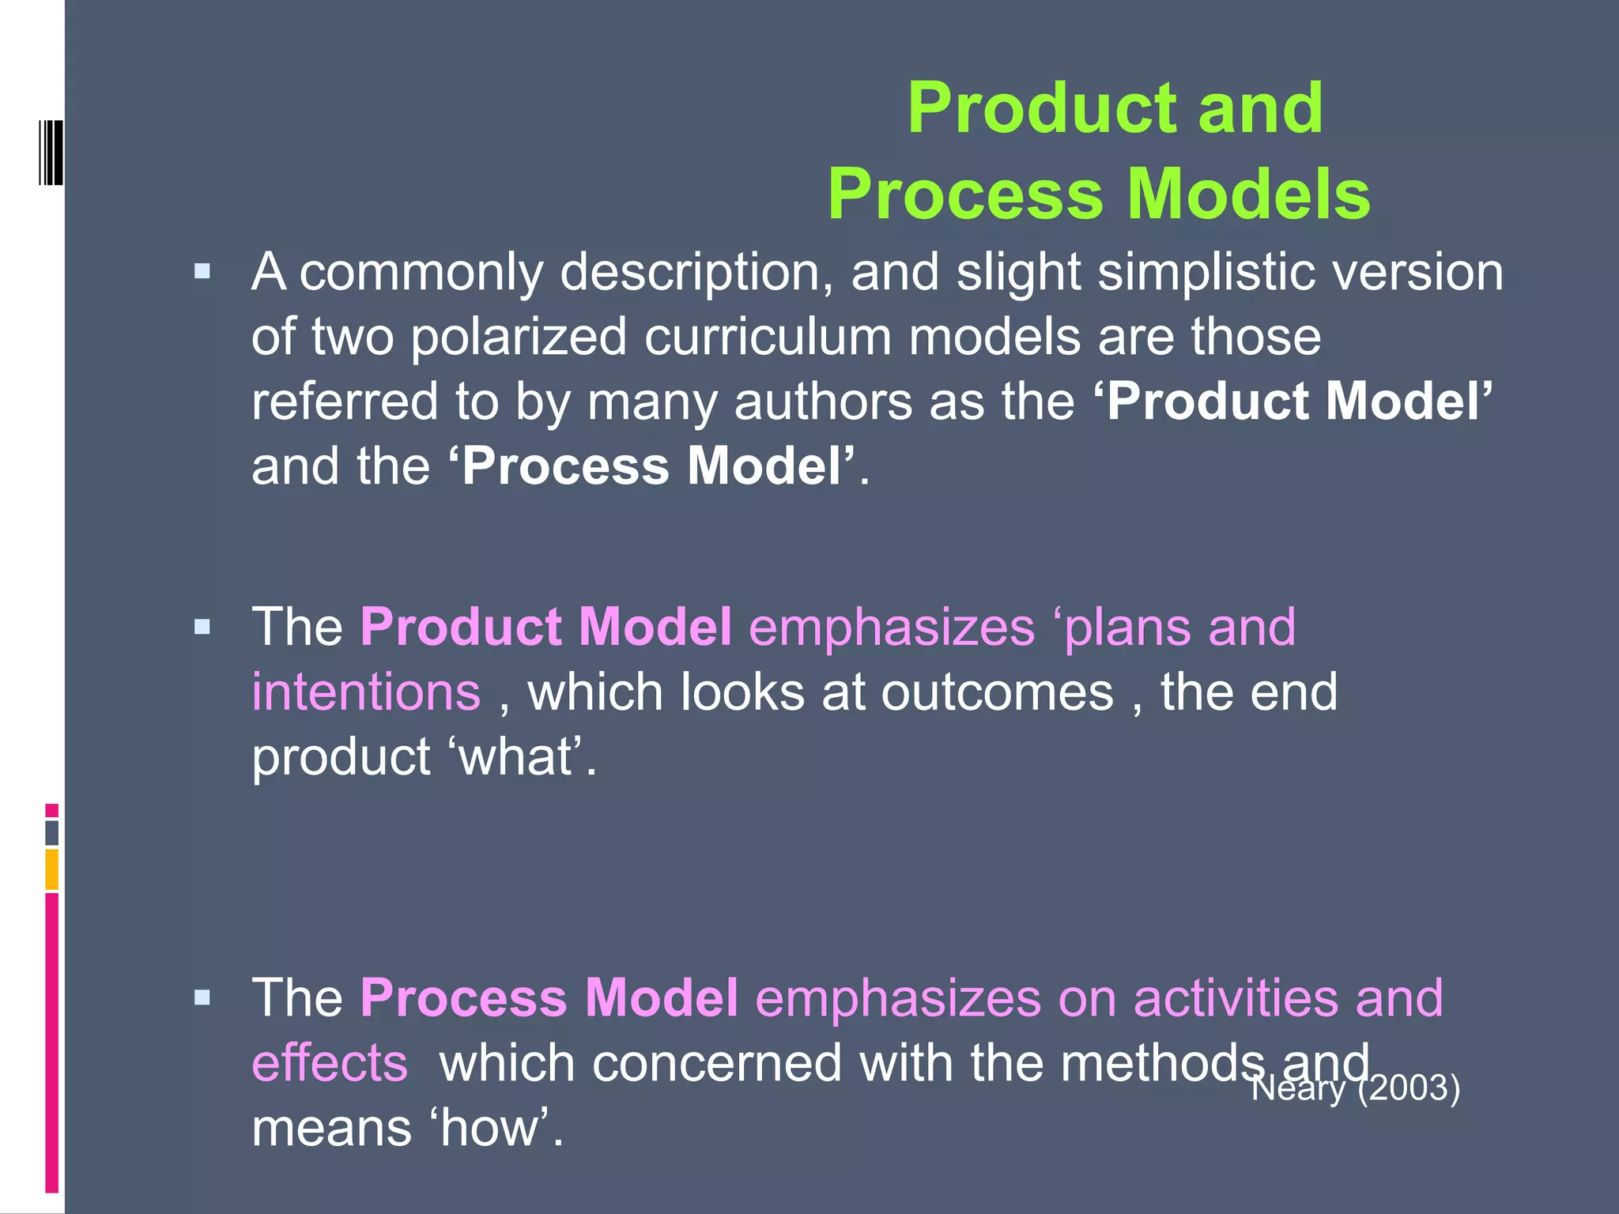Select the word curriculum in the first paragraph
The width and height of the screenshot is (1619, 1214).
click(x=768, y=337)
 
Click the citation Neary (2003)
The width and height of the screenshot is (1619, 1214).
click(x=1355, y=1088)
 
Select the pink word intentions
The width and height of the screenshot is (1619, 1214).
click(x=366, y=692)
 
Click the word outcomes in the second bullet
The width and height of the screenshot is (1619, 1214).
click(x=997, y=692)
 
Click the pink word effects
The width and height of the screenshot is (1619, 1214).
click(x=330, y=1063)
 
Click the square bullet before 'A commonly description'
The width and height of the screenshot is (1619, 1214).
click(x=202, y=273)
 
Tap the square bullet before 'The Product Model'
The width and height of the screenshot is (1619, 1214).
click(x=202, y=628)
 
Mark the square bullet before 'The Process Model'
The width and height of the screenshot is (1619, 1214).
click(x=202, y=998)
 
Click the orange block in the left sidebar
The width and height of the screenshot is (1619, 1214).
click(x=52, y=869)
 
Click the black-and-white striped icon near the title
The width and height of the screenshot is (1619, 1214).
click(x=51, y=153)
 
